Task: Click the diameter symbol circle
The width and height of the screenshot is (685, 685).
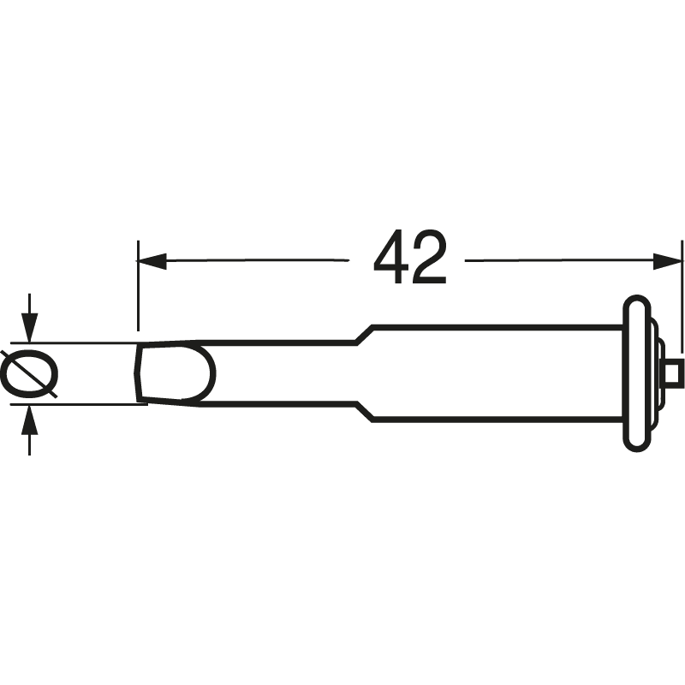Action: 29,373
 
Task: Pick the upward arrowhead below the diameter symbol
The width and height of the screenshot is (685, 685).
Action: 29,420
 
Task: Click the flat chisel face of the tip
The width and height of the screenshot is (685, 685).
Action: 171,373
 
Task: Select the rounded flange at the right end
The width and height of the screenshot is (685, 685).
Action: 634,373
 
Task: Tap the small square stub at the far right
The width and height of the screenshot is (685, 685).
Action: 673,373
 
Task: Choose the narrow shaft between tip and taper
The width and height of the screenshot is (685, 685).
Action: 283,373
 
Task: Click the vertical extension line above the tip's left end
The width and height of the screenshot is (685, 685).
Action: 137,287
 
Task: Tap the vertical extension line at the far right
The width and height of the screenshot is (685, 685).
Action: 682,300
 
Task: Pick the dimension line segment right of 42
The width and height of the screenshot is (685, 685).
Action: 557,259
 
